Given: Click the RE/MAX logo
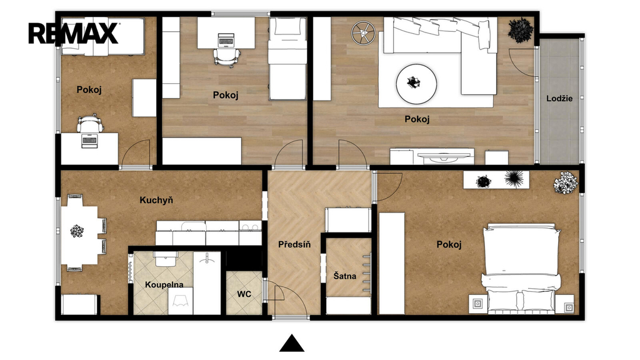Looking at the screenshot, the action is point(74,34).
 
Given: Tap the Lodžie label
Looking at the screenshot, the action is point(559,98).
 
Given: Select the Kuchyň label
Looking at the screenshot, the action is point(156,200).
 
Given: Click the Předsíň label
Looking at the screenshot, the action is point(294,244).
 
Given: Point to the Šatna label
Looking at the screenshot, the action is point(345,276).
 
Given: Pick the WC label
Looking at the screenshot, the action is point(244,294).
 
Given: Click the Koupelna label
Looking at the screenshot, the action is point(164,285).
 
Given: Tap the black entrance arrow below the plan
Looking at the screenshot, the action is point(292,343).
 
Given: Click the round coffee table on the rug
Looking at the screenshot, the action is point(416,84).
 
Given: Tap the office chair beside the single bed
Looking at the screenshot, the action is point(226,56).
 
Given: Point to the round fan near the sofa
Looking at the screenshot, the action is point(363,32).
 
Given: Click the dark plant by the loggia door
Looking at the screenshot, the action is point(521,30).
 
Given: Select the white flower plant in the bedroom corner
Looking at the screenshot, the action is point(566,182).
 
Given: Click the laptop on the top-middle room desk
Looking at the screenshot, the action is point(226,40).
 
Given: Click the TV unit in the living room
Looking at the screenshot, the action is point(432,156).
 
